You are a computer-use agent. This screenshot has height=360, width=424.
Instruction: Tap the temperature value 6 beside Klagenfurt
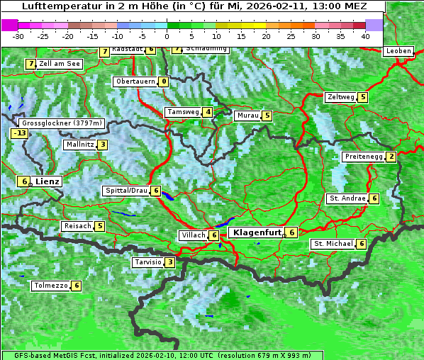[x=291, y=232]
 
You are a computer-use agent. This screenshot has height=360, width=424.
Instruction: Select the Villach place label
[x=193, y=235]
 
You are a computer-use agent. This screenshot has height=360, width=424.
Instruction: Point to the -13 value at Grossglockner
[x=19, y=133]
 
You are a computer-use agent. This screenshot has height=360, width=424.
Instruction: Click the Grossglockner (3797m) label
[x=62, y=123]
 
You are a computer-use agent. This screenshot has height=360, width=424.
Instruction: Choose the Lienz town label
[x=48, y=181]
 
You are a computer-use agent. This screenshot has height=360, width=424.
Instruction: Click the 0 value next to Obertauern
[x=164, y=81]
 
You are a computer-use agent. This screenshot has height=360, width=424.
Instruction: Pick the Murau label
[x=247, y=116]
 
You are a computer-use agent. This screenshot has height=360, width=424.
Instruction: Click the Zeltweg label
[x=340, y=97]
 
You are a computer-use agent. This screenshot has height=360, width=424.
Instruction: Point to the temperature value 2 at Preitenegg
[x=391, y=157]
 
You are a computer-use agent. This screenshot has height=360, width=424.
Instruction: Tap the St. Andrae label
[x=347, y=198]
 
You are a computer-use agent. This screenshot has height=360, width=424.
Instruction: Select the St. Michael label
[x=333, y=244]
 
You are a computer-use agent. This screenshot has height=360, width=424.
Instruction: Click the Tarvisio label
[x=147, y=262]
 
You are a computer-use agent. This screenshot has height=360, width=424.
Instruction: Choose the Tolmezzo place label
[x=50, y=286]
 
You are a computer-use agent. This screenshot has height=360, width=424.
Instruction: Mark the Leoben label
[x=398, y=51]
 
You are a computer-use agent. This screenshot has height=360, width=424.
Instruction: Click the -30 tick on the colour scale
[x=18, y=35]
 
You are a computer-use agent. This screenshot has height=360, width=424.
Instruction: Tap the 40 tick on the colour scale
[x=365, y=35]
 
